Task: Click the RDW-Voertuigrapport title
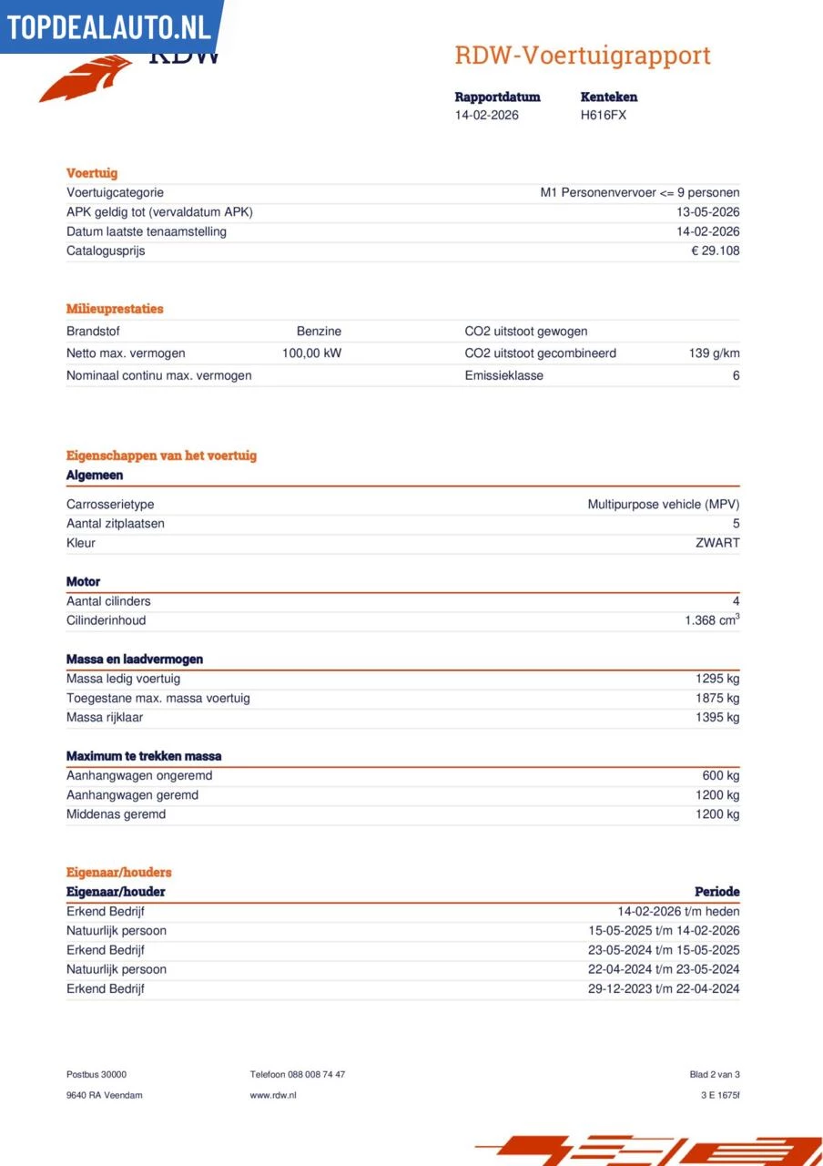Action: coord(582,56)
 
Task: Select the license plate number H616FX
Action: coord(603,116)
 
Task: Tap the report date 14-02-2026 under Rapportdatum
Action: coord(487,116)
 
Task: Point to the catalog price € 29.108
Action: coord(715,251)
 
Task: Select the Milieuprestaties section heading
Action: coord(115,309)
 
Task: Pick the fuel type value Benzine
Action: coord(319,332)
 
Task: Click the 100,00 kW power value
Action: coord(311,353)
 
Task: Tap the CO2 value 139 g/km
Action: coord(714,353)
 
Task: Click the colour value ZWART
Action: coord(717,544)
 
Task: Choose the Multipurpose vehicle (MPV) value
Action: coord(663,505)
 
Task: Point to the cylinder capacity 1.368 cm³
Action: coord(712,620)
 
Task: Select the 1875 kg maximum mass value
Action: coord(717,699)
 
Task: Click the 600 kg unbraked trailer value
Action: coord(721,776)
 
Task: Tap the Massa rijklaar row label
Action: coord(105,718)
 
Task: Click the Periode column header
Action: coord(716,892)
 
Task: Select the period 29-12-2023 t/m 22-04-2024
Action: coord(664,989)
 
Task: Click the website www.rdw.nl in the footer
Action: coord(273,1095)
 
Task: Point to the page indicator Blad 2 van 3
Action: coord(715,1075)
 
